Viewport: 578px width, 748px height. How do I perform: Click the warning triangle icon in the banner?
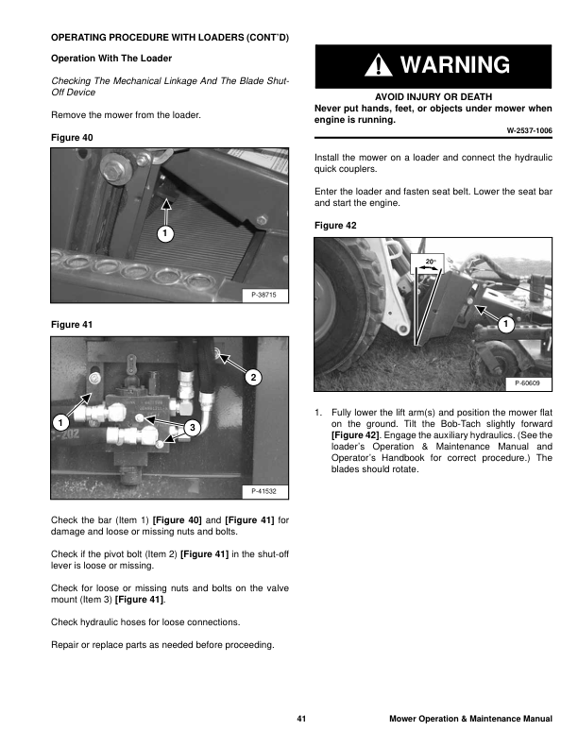(x=378, y=65)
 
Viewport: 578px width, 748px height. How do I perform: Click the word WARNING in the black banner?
(x=454, y=65)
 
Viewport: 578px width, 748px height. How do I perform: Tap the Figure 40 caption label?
(x=71, y=138)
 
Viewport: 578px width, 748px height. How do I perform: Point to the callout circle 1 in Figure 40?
(x=164, y=232)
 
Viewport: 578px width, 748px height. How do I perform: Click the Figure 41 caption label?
(x=71, y=324)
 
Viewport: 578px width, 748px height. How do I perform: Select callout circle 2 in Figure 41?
(x=252, y=378)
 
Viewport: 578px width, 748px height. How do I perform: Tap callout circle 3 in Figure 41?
(x=192, y=429)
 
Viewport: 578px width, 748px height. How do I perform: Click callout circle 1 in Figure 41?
(x=59, y=422)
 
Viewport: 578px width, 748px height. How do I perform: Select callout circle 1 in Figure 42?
(x=505, y=325)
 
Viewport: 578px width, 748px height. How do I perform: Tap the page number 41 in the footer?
(x=301, y=720)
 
